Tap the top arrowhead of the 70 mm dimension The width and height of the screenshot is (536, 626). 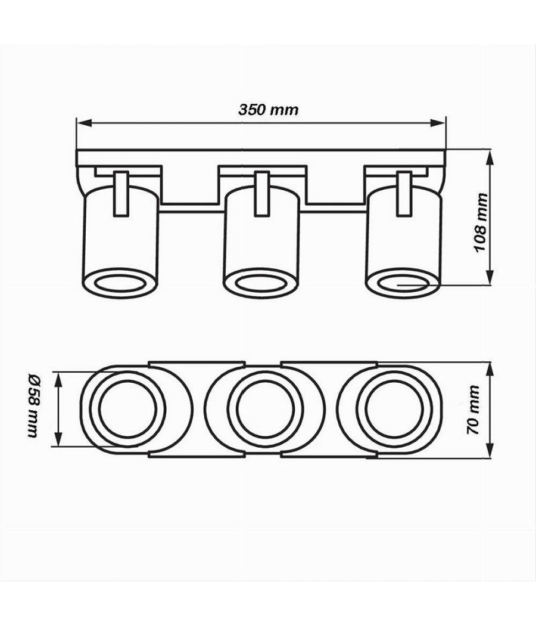click(x=490, y=367)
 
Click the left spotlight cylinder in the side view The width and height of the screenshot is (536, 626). click(x=121, y=238)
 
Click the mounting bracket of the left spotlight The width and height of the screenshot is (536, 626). click(x=121, y=194)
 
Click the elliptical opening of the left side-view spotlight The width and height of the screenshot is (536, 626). click(x=121, y=283)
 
